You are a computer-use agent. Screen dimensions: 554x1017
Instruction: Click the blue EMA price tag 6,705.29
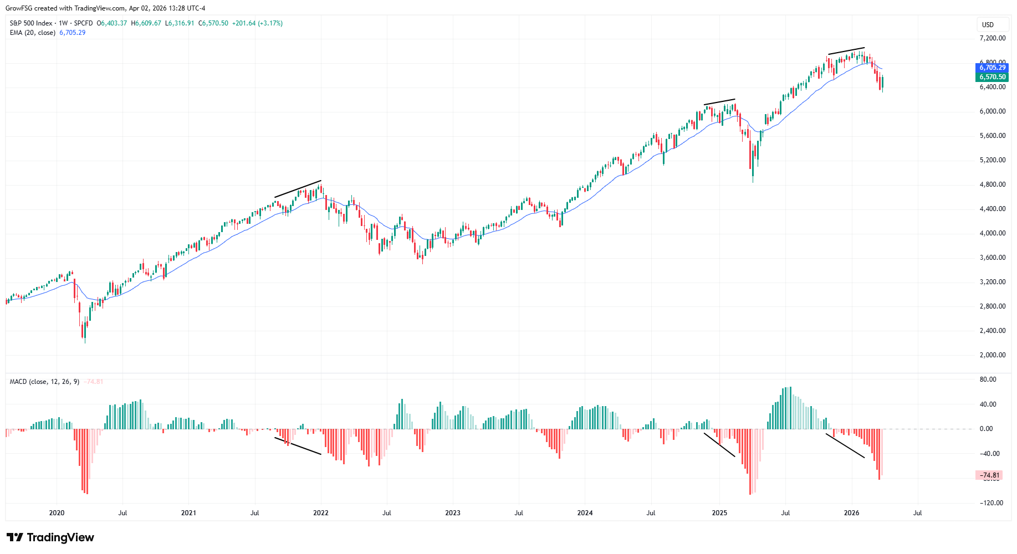click(992, 68)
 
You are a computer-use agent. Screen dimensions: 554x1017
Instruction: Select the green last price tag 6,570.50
click(992, 77)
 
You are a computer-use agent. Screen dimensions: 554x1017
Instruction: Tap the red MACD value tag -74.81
click(989, 475)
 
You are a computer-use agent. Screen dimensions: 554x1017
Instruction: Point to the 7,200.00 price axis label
click(992, 38)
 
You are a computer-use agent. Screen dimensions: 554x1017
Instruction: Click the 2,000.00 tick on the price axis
click(992, 355)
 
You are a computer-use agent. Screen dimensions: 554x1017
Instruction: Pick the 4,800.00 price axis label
click(992, 184)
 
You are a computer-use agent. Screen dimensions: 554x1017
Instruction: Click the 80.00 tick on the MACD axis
click(988, 379)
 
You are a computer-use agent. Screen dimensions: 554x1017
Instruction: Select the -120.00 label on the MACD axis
click(990, 503)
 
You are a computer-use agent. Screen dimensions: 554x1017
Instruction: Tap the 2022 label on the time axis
click(321, 513)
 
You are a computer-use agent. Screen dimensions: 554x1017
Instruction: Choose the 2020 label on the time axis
click(57, 513)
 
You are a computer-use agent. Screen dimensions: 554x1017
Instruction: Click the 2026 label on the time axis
click(851, 513)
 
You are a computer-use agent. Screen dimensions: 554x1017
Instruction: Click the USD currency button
click(988, 24)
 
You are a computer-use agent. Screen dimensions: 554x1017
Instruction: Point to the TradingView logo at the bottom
click(50, 537)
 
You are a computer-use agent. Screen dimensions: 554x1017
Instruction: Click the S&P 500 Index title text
click(31, 23)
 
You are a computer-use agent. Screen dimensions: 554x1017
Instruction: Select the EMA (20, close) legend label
click(33, 33)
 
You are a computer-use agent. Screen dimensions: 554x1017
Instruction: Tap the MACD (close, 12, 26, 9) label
click(44, 382)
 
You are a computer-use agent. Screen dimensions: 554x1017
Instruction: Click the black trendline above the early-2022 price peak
click(298, 189)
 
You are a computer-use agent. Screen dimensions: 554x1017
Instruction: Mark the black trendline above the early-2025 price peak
click(719, 102)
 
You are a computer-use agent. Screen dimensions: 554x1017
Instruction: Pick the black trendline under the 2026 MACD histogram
click(845, 446)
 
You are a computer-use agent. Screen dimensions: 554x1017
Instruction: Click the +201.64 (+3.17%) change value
click(257, 23)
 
